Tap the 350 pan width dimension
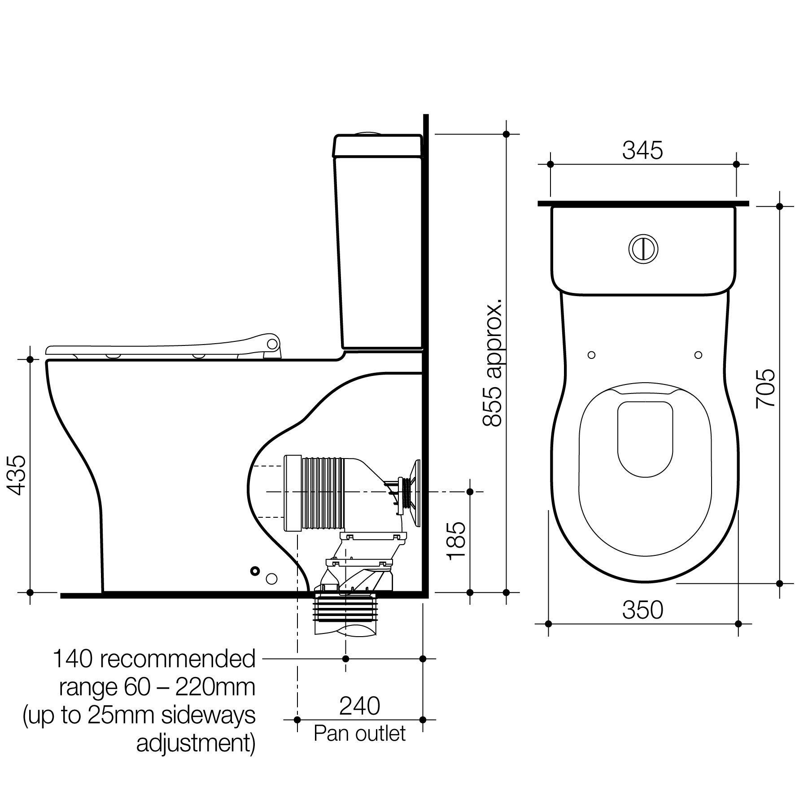[642, 610]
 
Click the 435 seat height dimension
[17, 475]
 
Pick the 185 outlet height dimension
[457, 541]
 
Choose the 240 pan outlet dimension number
[359, 706]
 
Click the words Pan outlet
[359, 734]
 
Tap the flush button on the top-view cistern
[643, 248]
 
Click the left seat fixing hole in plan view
[591, 355]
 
